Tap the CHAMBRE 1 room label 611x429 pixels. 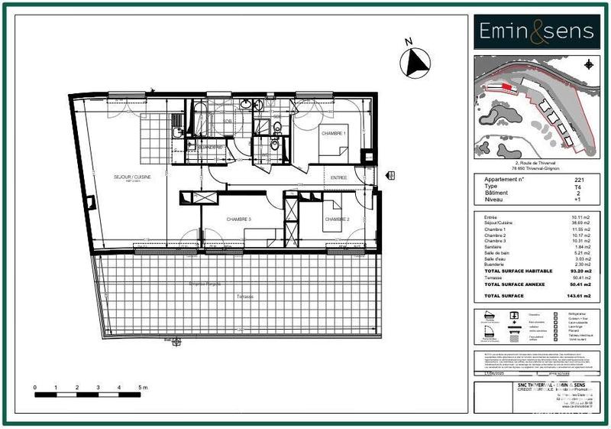click(x=334, y=133)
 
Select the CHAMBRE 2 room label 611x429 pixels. click(x=337, y=220)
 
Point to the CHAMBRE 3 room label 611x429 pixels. click(x=238, y=219)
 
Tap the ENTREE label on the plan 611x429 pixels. click(x=338, y=177)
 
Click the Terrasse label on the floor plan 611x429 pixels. click(x=245, y=296)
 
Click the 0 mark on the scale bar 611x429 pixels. click(x=35, y=388)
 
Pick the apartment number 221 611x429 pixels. click(x=579, y=180)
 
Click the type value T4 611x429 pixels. click(x=579, y=186)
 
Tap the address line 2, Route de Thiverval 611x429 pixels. click(x=533, y=162)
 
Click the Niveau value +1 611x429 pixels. click(x=579, y=199)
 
